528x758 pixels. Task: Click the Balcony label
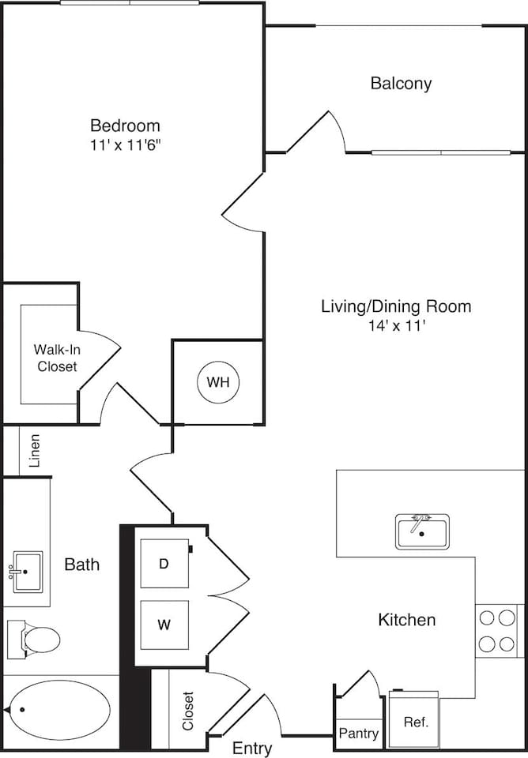click(x=401, y=83)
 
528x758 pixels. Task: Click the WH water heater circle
click(x=218, y=382)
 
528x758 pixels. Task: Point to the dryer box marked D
click(x=164, y=564)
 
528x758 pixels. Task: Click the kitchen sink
click(x=422, y=531)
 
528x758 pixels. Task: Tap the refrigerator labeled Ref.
click(x=415, y=721)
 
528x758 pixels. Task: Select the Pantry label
click(x=359, y=734)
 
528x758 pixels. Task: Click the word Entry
click(x=252, y=748)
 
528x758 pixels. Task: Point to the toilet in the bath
click(x=35, y=638)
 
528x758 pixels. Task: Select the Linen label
click(x=35, y=451)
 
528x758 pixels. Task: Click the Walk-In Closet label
click(x=55, y=358)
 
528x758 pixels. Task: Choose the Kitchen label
click(x=406, y=620)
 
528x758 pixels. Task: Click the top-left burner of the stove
click(x=487, y=618)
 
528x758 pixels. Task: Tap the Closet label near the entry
click(x=188, y=710)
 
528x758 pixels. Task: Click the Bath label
click(x=82, y=565)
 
